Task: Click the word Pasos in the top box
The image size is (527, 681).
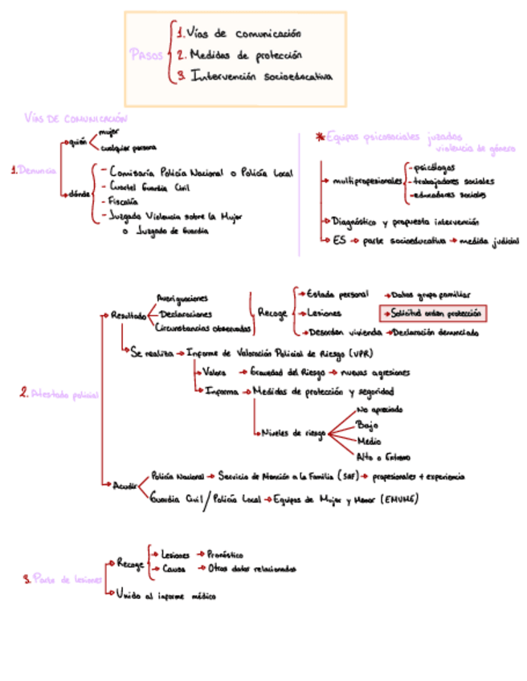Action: [145, 55]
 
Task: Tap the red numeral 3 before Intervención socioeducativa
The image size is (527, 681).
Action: [182, 76]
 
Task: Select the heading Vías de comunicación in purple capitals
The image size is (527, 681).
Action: [76, 119]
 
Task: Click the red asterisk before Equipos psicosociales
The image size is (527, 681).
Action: [320, 137]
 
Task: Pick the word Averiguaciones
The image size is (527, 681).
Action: [182, 297]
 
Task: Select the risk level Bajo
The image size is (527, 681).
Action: [367, 426]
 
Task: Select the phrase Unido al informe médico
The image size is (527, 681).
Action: [165, 595]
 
